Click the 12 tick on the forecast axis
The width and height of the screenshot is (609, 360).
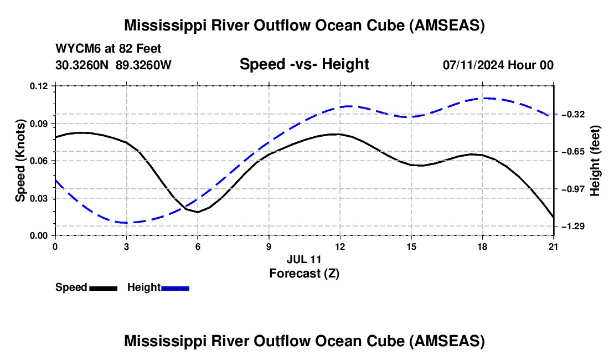click(339, 246)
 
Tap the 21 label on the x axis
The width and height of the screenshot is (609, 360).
click(554, 246)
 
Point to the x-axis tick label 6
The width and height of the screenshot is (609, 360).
click(197, 246)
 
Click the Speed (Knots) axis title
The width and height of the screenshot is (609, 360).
click(20, 161)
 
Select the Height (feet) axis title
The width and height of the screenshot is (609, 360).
click(596, 161)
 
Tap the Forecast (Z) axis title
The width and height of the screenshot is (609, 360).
click(304, 273)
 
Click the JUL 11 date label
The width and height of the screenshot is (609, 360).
click(304, 259)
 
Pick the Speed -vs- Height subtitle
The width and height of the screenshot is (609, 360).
click(304, 64)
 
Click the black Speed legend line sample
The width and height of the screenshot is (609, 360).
click(104, 288)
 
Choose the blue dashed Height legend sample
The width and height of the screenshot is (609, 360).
click(176, 288)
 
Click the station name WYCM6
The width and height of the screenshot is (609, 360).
click(75, 49)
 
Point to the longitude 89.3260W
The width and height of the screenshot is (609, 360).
click(144, 65)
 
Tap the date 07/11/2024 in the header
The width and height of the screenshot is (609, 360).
click(474, 65)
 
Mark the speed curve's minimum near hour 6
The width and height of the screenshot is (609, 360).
click(197, 212)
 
